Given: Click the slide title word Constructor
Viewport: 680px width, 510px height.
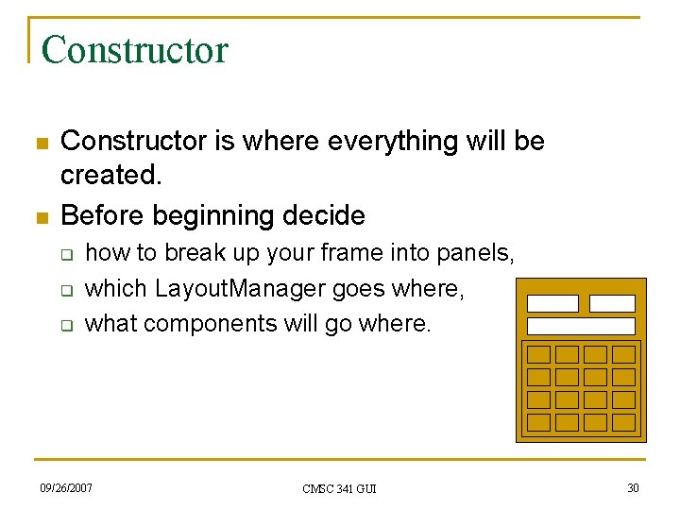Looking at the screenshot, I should [135, 49].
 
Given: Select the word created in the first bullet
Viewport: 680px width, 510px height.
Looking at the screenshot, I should [109, 177].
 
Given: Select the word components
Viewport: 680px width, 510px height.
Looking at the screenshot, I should [220, 323].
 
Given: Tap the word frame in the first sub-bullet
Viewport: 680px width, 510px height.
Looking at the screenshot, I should [308, 253].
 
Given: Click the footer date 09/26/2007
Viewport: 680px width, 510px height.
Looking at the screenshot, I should [66, 487].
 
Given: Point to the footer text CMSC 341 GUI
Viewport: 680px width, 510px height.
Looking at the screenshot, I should [339, 488].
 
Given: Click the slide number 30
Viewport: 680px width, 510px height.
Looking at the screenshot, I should [632, 487].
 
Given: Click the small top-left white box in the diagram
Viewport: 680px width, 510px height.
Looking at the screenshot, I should [552, 303].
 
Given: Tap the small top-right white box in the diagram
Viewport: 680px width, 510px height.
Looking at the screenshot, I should [612, 303].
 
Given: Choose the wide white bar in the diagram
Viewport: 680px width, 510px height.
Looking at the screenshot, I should [581, 326].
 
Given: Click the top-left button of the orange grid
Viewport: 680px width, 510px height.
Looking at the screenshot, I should [538, 354].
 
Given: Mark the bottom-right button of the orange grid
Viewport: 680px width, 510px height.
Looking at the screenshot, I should [623, 422].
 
